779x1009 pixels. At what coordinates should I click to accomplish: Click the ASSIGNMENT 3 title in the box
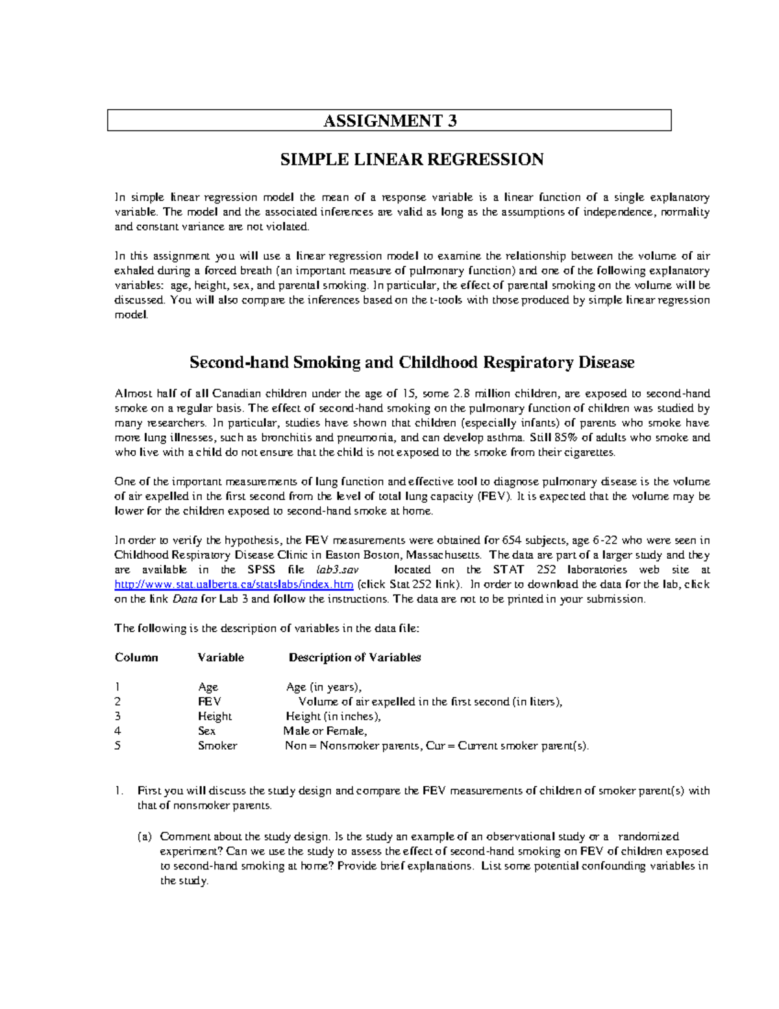(389, 121)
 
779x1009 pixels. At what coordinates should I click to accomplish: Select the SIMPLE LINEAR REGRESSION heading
(412, 160)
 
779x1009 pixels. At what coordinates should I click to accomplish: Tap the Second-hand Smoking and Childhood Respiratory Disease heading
(412, 363)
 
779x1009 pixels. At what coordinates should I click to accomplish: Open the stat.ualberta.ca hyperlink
(234, 585)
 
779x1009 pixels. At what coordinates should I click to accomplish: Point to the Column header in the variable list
(136, 658)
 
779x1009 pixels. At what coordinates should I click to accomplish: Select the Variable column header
(221, 658)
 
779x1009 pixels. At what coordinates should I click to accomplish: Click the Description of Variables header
(354, 658)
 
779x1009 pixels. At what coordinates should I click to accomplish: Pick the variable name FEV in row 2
(209, 702)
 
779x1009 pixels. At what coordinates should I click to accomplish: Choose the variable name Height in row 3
(215, 717)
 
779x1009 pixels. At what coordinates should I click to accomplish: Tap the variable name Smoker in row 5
(217, 746)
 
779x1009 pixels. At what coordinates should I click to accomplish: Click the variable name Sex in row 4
(206, 731)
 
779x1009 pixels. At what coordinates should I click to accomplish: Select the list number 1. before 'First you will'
(118, 791)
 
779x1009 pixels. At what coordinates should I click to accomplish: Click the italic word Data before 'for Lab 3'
(185, 599)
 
